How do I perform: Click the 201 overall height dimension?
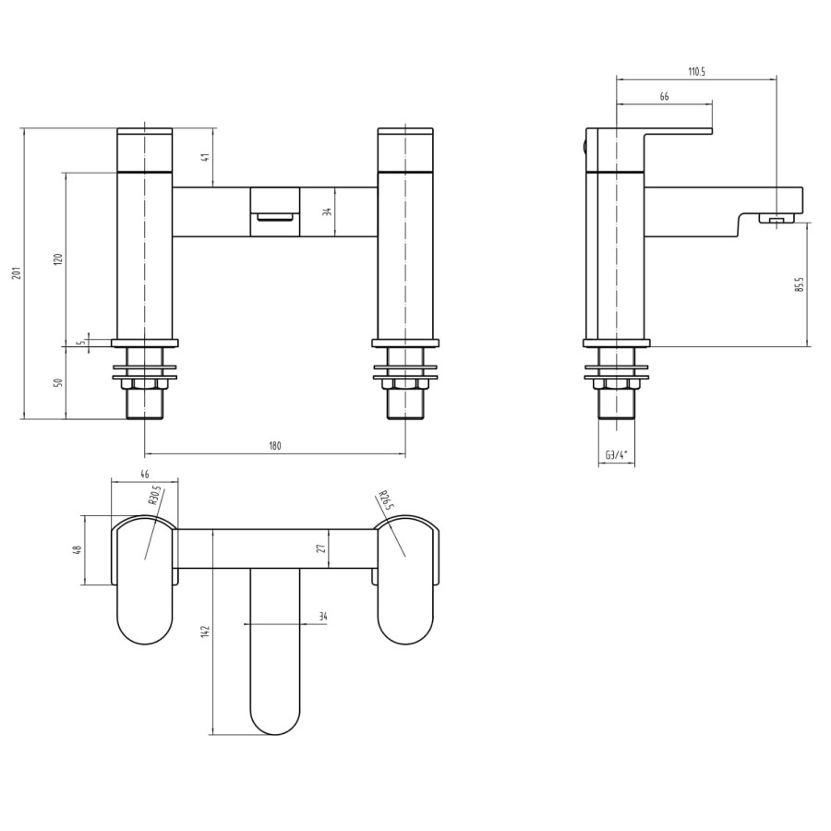click(x=16, y=273)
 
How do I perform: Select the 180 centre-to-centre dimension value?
click(x=275, y=446)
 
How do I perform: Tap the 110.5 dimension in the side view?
click(x=696, y=72)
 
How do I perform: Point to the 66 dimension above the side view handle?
click(x=664, y=97)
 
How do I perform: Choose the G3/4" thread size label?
click(x=617, y=455)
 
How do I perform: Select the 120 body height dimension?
click(x=58, y=259)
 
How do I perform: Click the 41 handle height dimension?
click(x=206, y=157)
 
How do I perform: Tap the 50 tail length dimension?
click(x=58, y=382)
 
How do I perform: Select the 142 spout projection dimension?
click(x=205, y=631)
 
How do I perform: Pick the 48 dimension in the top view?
click(x=78, y=549)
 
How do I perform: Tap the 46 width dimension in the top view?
click(x=144, y=474)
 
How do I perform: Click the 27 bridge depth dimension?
click(x=321, y=548)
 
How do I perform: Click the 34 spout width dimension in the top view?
click(x=322, y=616)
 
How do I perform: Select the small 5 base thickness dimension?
click(x=81, y=342)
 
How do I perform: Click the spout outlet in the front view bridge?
click(x=274, y=216)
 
